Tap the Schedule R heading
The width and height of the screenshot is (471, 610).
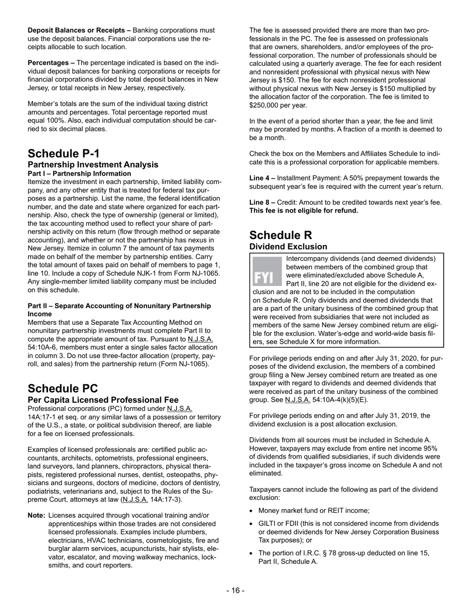(x=281, y=235)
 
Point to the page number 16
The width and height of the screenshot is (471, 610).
(x=235, y=590)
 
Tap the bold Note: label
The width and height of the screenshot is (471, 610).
(x=37, y=515)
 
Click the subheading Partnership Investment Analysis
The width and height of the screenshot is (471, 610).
(x=93, y=165)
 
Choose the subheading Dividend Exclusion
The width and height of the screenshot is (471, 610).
(x=288, y=246)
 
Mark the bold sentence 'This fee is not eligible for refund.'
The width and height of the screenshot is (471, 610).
(x=303, y=210)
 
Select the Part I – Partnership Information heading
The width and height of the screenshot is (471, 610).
(x=79, y=174)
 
